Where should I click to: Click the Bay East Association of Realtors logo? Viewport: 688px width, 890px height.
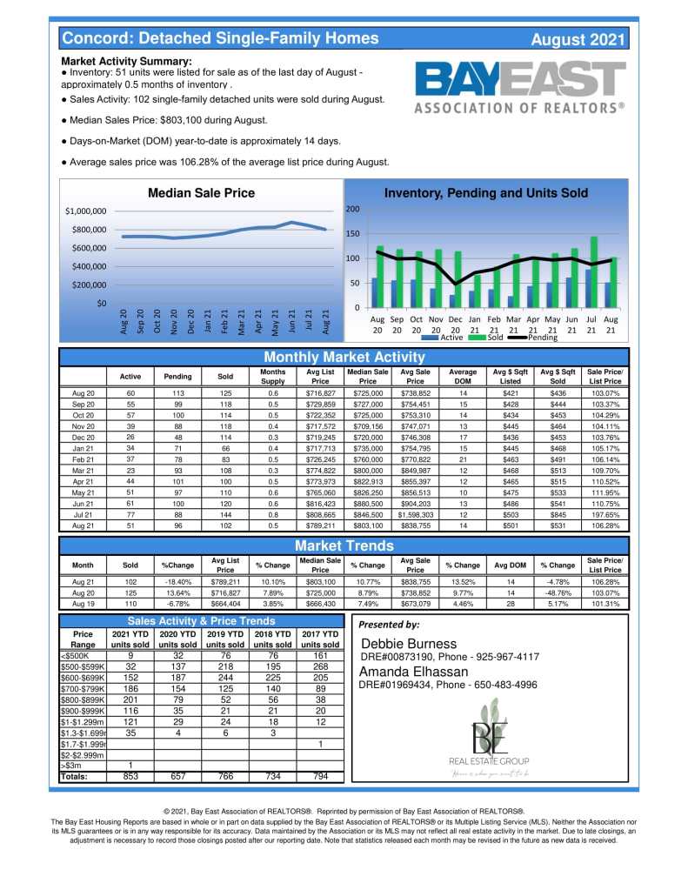point(519,88)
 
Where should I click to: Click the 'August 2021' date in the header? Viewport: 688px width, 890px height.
point(577,39)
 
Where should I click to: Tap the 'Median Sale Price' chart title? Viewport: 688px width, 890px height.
point(201,193)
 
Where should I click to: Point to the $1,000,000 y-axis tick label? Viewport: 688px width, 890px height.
point(85,211)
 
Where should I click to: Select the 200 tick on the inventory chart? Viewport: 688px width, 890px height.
point(352,210)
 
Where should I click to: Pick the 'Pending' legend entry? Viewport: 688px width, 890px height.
point(542,337)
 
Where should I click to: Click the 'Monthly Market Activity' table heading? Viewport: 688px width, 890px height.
point(344,358)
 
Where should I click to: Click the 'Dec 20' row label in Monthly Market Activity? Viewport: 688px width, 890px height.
point(83,438)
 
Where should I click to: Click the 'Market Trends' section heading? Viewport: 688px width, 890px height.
point(344,545)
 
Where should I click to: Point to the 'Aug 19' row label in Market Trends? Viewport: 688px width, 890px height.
point(83,604)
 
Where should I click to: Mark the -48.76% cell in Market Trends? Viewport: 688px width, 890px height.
point(558,592)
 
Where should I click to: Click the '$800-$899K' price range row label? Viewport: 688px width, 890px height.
point(83,699)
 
